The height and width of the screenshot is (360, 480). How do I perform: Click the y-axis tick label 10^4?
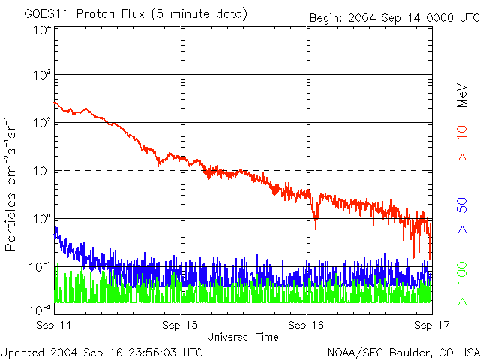[42, 31]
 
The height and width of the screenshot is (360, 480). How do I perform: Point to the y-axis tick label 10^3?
[42, 75]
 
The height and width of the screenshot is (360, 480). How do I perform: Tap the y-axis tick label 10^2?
[42, 123]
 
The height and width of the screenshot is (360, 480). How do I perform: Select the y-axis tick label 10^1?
[42, 171]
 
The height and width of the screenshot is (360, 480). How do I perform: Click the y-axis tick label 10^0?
[42, 219]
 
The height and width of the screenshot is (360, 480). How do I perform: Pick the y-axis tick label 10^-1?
[40, 267]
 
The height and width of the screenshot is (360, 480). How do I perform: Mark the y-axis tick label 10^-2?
[40, 309]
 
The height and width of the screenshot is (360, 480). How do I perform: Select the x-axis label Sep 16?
[306, 325]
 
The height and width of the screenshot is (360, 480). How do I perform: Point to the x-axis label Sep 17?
[430, 325]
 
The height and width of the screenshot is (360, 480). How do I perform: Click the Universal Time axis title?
[243, 337]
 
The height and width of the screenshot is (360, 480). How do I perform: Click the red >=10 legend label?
[463, 148]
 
